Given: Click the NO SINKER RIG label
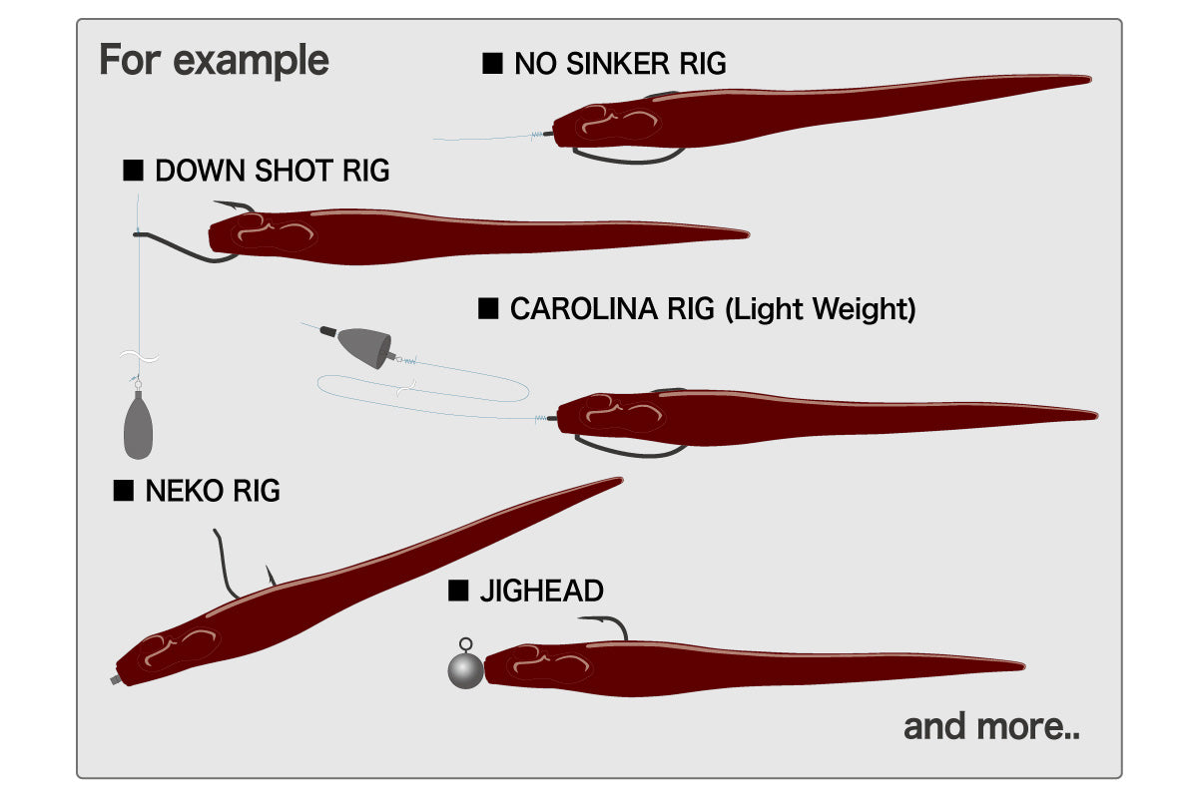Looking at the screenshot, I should click(620, 65).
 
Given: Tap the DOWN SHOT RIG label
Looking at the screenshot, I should click(273, 171).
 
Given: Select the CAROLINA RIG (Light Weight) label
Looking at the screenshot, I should click(712, 309).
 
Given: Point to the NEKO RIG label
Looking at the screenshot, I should click(213, 491).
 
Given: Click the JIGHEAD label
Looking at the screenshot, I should click(541, 592).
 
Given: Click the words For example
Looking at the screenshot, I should click(214, 61).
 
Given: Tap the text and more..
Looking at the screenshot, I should click(991, 726).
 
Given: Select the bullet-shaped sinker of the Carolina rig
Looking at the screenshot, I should click(362, 345).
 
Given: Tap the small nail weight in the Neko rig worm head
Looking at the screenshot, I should click(116, 679).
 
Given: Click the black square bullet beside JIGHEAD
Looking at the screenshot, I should click(458, 592).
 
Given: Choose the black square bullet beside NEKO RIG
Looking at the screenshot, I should click(125, 491).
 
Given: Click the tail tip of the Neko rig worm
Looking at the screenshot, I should click(618, 480).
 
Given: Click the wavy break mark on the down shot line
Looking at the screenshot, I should click(138, 357).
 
